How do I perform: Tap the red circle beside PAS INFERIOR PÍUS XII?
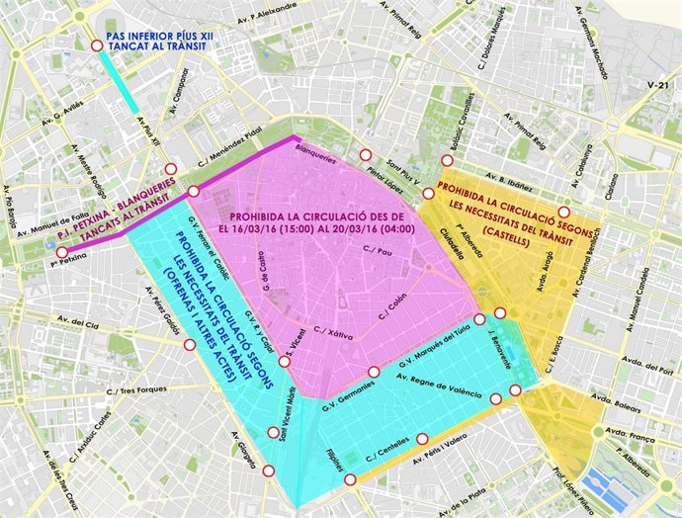(x=96, y=45)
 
